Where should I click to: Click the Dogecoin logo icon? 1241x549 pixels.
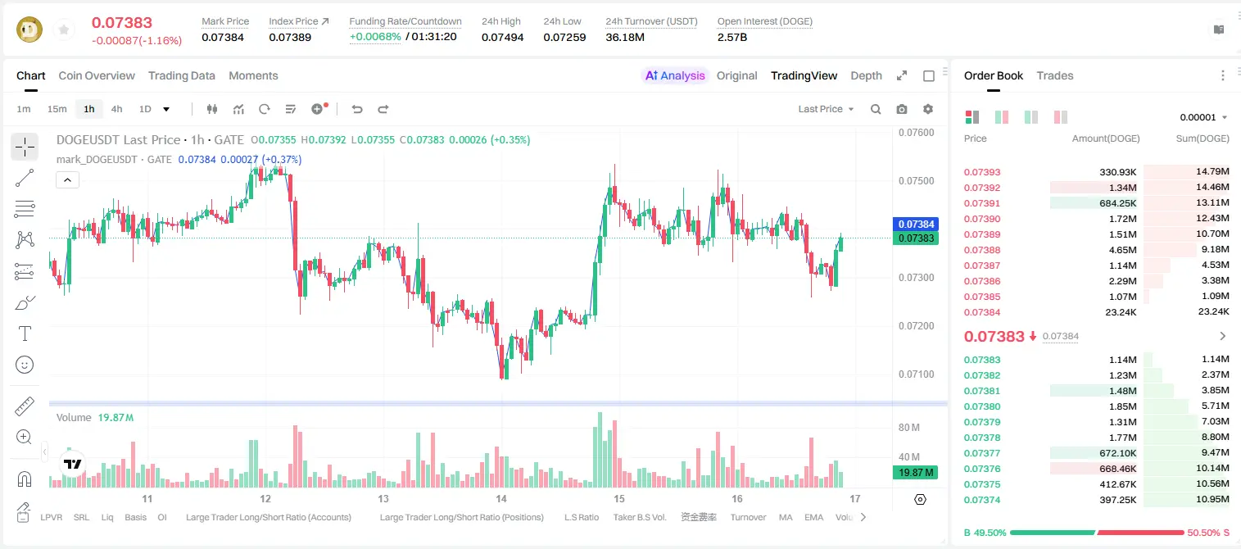[29, 29]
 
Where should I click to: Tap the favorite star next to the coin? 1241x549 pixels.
[64, 30]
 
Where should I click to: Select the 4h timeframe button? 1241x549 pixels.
[116, 109]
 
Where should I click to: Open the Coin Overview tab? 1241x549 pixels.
[97, 75]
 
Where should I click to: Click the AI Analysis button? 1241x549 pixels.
[675, 75]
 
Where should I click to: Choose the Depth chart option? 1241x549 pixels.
[866, 75]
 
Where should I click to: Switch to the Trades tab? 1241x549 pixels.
[1055, 75]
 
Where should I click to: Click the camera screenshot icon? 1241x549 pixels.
[902, 109]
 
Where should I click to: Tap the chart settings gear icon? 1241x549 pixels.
[928, 109]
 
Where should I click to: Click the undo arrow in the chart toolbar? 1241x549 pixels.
[357, 109]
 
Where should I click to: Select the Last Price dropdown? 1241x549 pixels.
[826, 109]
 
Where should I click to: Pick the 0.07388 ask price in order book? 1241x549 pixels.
[982, 250]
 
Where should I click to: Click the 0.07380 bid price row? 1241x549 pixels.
[982, 406]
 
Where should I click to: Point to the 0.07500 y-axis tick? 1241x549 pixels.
[917, 180]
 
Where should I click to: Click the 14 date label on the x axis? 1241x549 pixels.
[500, 498]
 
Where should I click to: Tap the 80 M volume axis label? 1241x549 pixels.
[908, 427]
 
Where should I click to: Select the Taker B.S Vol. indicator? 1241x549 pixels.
[639, 517]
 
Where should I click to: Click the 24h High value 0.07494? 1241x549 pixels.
[502, 37]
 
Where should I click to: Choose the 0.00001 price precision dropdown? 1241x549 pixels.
[1203, 117]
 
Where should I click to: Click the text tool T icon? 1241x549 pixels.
[25, 333]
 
